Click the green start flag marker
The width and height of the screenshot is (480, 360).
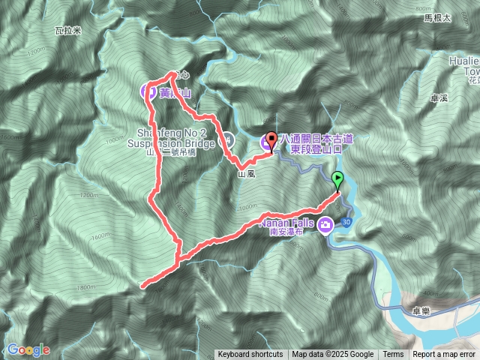[x=337, y=178]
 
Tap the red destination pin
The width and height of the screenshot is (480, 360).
[x=271, y=139]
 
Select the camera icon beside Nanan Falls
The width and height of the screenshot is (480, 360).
[x=325, y=224]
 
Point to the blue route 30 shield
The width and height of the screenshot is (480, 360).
[x=345, y=223]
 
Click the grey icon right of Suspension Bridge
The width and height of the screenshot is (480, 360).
[x=227, y=139]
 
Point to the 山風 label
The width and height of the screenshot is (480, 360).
[x=247, y=173]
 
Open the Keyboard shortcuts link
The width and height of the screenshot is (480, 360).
[x=250, y=355]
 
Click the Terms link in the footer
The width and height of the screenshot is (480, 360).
[x=393, y=355]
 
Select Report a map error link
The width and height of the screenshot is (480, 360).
[x=444, y=355]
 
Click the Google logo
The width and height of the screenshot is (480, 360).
[x=28, y=349]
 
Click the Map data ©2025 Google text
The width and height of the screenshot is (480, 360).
[x=333, y=355]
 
